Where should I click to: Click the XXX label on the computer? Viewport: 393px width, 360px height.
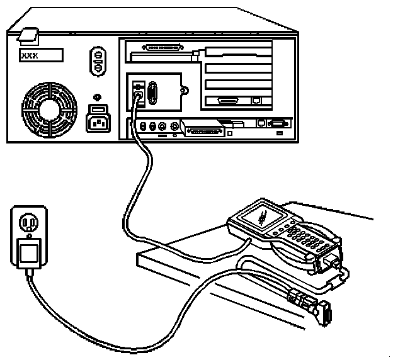tap(41, 55)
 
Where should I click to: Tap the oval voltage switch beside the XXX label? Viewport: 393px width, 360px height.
tap(98, 60)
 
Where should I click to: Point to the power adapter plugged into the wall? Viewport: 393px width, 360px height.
tap(27, 253)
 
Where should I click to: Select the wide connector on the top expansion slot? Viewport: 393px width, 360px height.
tap(163, 47)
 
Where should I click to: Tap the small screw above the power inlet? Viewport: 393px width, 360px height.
tap(96, 97)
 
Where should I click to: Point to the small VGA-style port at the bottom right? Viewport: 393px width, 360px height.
tap(276, 123)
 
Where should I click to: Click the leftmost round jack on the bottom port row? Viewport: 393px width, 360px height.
tap(144, 126)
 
